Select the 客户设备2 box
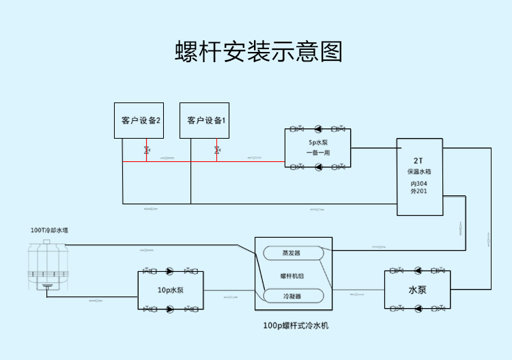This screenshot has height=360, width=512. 141,120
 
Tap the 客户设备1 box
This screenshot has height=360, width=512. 206,120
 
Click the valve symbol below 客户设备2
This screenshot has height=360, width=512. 146,150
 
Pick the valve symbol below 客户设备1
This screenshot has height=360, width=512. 216,150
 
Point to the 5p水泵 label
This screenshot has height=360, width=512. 318,143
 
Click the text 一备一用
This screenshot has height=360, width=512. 318,152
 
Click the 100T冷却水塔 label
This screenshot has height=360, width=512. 50,230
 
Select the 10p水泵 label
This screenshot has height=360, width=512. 171,290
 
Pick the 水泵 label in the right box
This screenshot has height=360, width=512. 418,290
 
